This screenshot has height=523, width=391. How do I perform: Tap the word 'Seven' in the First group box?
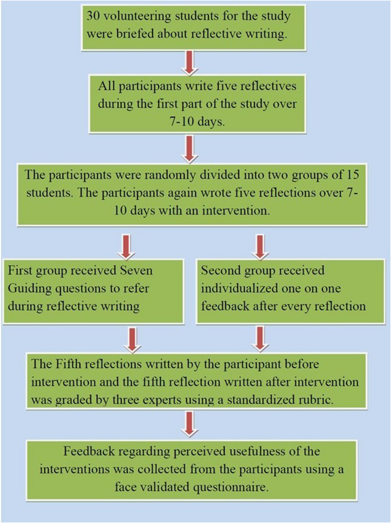(138, 269)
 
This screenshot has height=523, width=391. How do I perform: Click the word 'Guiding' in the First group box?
(28, 288)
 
